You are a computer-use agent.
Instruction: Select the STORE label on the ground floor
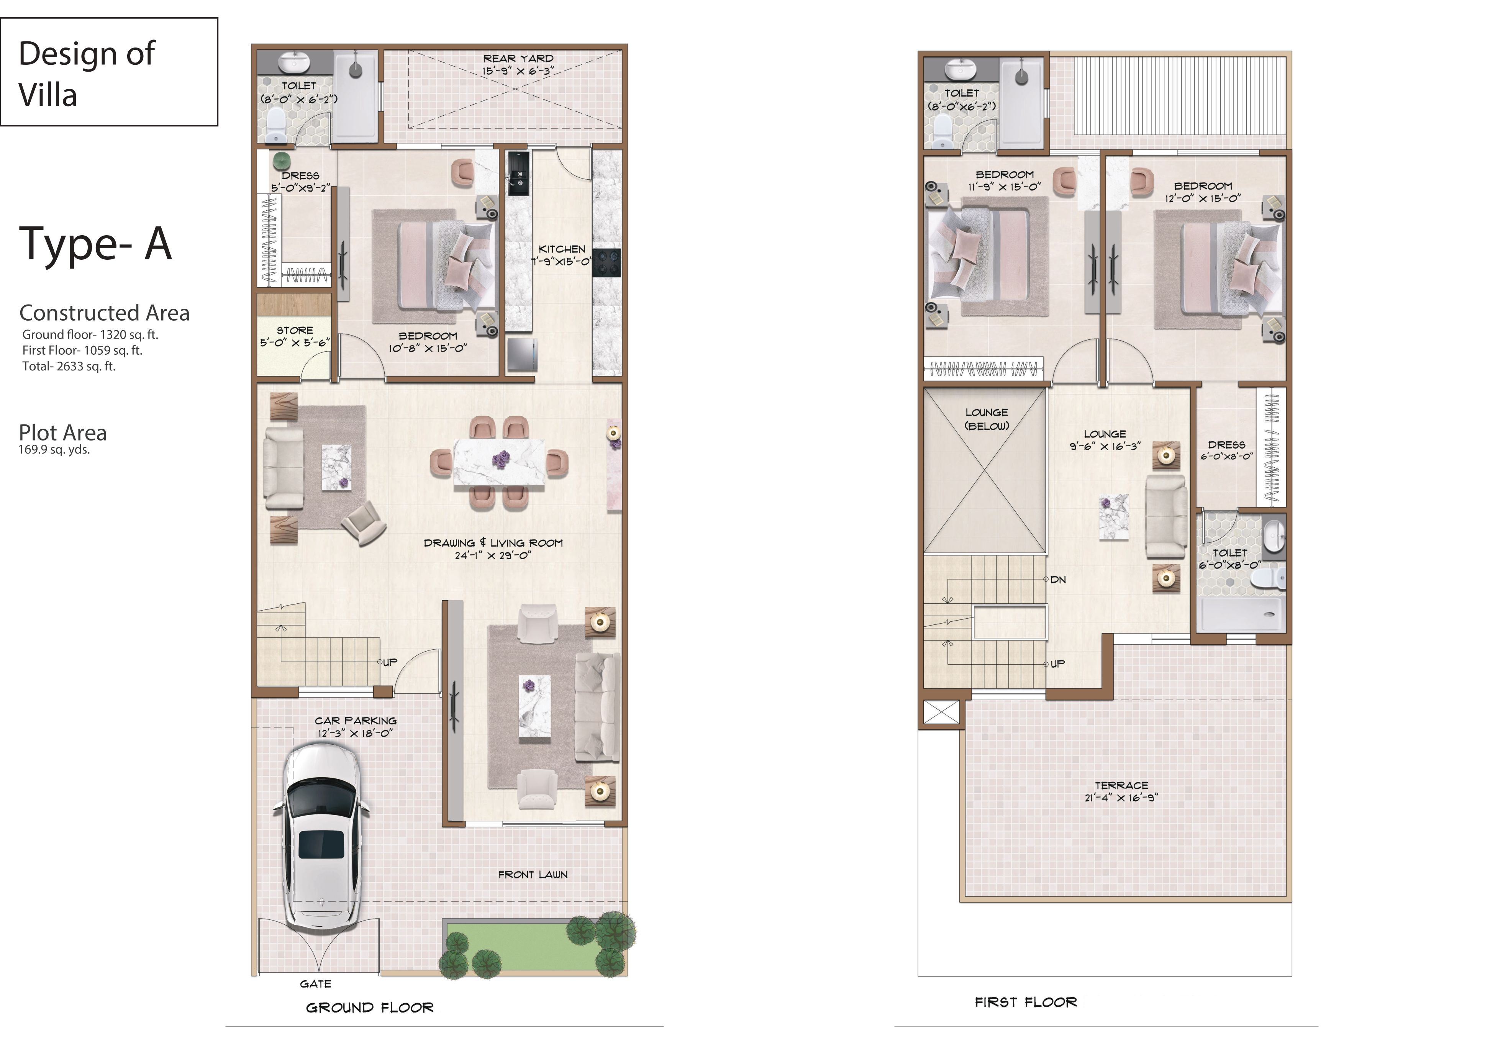click(295, 330)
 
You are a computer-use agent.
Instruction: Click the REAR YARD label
click(518, 58)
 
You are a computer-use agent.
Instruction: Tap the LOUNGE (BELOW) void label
click(986, 419)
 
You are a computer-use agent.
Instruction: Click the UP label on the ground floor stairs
click(390, 662)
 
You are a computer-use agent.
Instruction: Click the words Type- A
click(96, 243)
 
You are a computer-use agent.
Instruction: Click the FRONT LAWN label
click(533, 875)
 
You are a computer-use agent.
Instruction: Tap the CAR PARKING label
click(356, 720)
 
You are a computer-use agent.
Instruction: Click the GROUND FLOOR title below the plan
click(370, 1007)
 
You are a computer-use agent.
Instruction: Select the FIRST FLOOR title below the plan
click(1026, 1002)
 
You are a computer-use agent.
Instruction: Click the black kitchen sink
click(518, 173)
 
